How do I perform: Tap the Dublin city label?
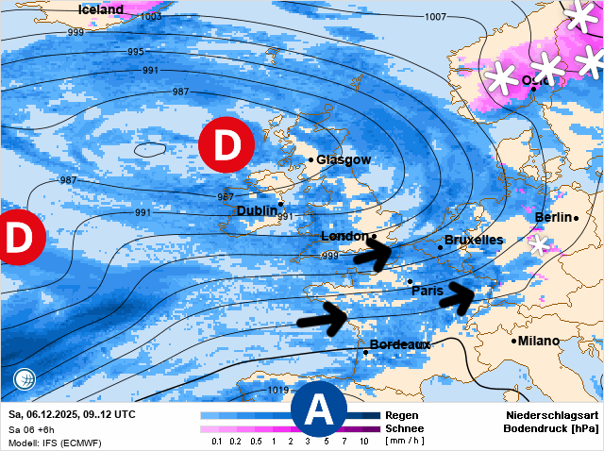point(257,210)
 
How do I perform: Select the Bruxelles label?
point(473,240)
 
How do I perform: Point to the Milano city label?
point(539,341)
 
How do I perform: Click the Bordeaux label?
point(400,344)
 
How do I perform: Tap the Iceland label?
point(100,9)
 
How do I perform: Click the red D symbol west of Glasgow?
point(226,146)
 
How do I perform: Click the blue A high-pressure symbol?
point(319,410)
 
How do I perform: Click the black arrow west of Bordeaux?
point(323,317)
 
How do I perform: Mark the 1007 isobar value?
point(435,17)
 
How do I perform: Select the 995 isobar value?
point(136,52)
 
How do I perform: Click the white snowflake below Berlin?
point(539,244)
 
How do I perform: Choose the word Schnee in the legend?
point(404,428)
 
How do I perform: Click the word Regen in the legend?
point(402,415)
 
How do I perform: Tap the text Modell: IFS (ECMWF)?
point(55,443)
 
